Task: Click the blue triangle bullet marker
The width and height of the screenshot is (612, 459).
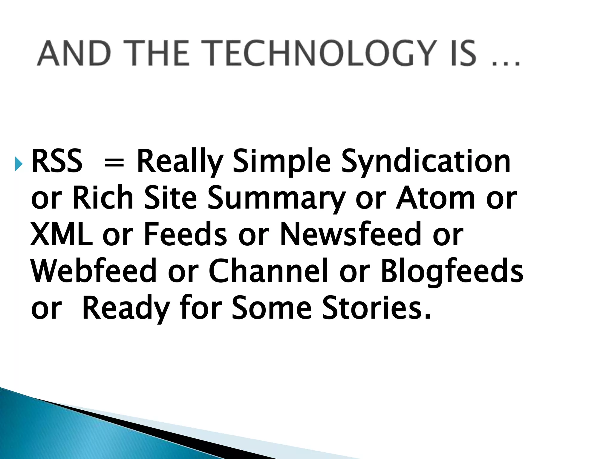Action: coord(19,163)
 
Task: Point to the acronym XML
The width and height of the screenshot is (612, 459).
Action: coord(62,235)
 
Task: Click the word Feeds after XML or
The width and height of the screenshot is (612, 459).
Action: coord(185,235)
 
